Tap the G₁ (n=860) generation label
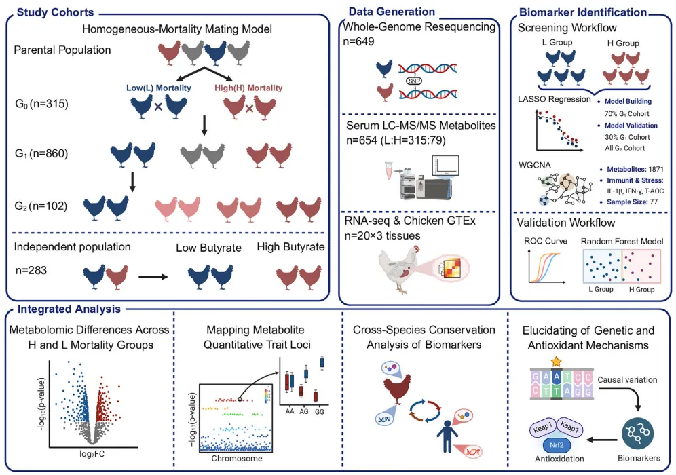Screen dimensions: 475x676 (x=41, y=154)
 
